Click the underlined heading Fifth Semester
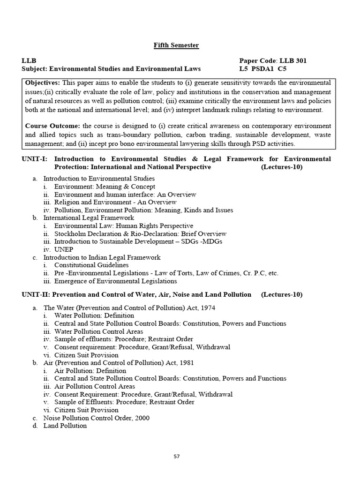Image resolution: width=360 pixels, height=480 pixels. (x=176, y=45)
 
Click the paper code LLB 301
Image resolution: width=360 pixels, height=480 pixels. (x=293, y=60)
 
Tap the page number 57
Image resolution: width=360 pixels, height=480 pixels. (x=176, y=457)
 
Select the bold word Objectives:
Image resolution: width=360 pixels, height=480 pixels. (x=43, y=82)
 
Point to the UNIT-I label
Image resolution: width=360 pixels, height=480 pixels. (x=34, y=159)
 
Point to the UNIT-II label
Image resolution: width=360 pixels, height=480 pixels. (x=35, y=294)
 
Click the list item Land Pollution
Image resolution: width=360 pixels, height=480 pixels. (x=65, y=426)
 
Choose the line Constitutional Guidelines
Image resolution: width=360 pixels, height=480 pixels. (x=91, y=265)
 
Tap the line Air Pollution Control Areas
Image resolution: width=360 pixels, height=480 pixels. (x=95, y=386)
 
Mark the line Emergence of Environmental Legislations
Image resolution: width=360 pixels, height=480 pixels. (x=115, y=281)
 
